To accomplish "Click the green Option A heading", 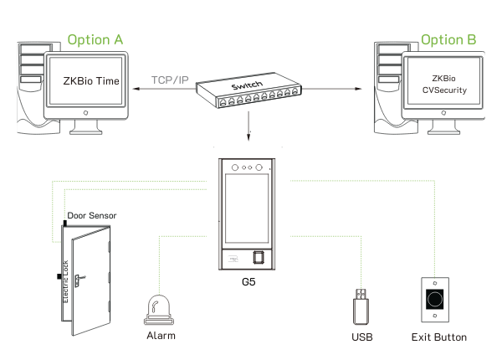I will pyautogui.click(x=95, y=39).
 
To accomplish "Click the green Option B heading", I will pyautogui.click(x=448, y=39).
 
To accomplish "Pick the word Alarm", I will pyautogui.click(x=161, y=337).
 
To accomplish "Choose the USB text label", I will pyautogui.click(x=361, y=337).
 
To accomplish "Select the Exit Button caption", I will pyautogui.click(x=438, y=337).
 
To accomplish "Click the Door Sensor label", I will pyautogui.click(x=92, y=216).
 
